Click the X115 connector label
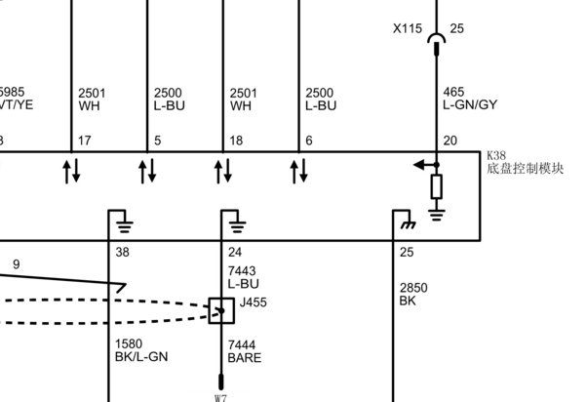point(408,28)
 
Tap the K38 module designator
point(496,155)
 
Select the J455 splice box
point(221,310)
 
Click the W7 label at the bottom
point(220,398)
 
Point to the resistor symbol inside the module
point(437,186)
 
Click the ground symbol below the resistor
point(437,215)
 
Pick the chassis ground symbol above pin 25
point(408,224)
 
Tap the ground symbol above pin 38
point(125,227)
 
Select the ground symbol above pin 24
point(237,227)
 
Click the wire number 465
point(453,92)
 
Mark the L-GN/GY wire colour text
point(470,105)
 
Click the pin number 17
point(85,141)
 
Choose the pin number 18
point(236,141)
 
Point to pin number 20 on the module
point(450,141)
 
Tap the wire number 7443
point(242,271)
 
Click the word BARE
point(245,358)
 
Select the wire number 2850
point(413,288)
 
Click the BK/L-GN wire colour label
point(141,357)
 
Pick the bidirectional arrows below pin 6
point(299,171)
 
